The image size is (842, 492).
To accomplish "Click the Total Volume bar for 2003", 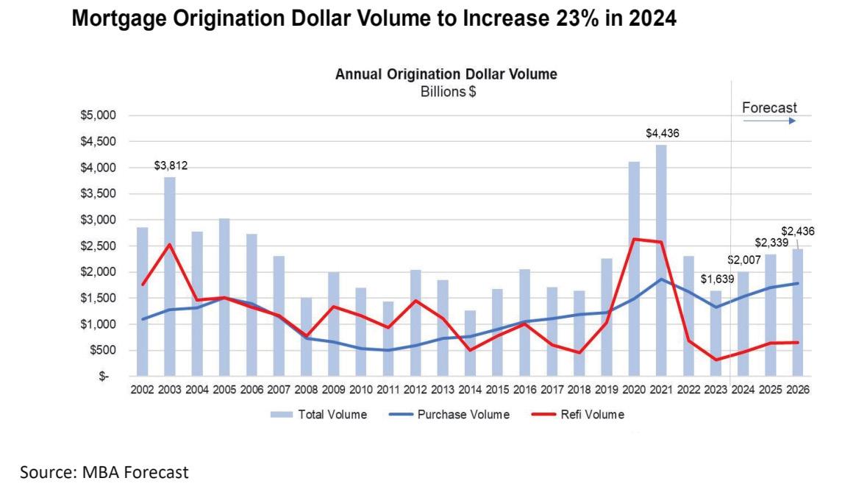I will pyautogui.click(x=170, y=276).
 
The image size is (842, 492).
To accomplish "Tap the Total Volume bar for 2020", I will pyautogui.click(x=634, y=268).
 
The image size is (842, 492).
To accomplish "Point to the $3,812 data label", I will pyautogui.click(x=171, y=166).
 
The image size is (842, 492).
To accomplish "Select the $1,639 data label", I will pyautogui.click(x=716, y=279).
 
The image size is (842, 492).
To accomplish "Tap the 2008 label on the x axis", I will pyautogui.click(x=306, y=391).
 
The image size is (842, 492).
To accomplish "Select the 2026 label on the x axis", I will pyautogui.click(x=798, y=391).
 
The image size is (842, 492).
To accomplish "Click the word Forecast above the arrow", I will pyautogui.click(x=769, y=108).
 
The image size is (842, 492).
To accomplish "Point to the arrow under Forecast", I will pyautogui.click(x=769, y=121).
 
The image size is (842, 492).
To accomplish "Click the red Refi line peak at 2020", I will pyautogui.click(x=634, y=239).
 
